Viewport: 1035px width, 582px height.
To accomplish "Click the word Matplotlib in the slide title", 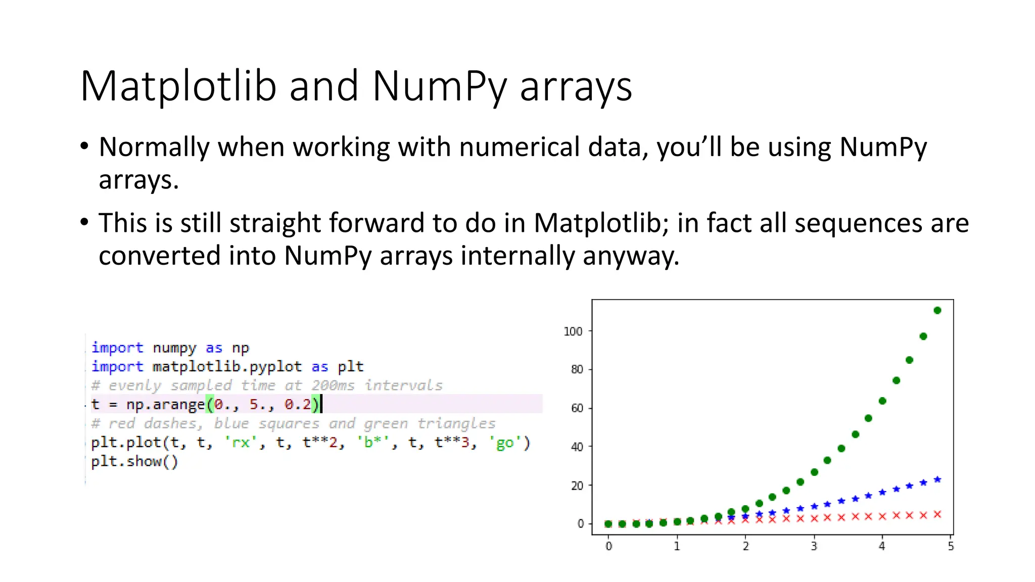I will point(178,86).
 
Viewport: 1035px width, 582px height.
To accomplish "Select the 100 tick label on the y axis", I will point(573,331).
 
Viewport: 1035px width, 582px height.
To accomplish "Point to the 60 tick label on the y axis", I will point(577,408).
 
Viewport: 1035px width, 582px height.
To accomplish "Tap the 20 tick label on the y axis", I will point(577,486).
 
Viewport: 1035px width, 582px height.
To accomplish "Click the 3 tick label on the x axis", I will point(814,546).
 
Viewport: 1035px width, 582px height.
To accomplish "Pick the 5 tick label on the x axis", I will point(951,546).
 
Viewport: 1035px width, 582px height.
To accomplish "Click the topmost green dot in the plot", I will point(937,310).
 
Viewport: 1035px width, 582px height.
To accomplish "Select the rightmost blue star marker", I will point(937,479).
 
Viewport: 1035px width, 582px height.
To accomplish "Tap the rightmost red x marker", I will point(937,514).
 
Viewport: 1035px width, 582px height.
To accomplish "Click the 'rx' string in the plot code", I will point(241,443).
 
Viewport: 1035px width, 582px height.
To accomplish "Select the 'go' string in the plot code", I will point(505,443).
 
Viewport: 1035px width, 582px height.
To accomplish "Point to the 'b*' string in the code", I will point(373,443).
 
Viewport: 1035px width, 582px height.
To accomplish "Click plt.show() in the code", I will point(134,461).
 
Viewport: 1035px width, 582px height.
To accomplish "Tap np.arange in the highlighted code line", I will point(165,404).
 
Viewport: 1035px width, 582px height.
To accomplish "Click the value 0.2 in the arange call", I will point(298,404).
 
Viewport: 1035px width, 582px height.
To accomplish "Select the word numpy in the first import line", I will point(174,348).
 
